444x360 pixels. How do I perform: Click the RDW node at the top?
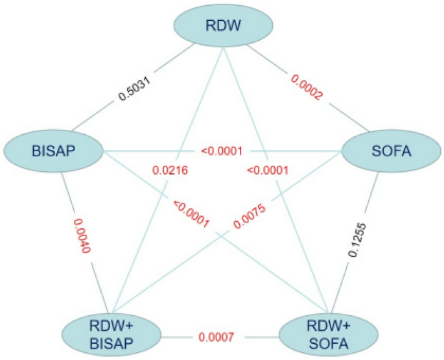coord(221,25)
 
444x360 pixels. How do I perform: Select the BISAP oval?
coord(54,151)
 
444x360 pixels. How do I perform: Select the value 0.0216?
coord(170,171)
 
